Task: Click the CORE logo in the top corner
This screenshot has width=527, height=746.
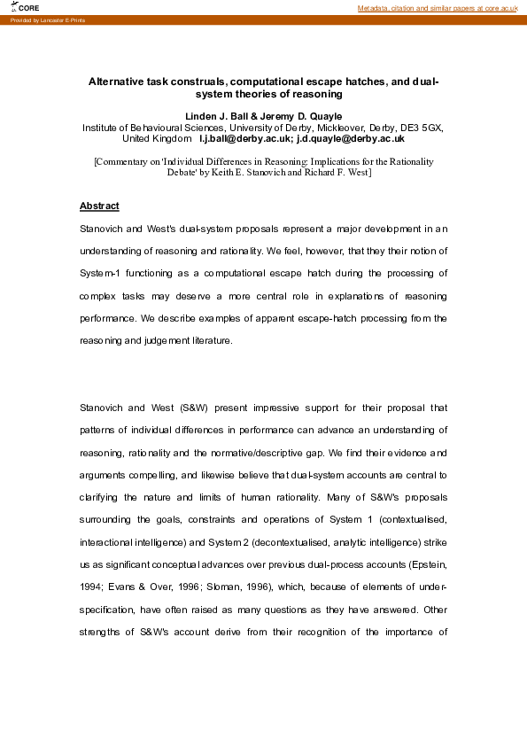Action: point(27,7)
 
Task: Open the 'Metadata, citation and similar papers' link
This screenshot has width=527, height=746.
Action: point(438,8)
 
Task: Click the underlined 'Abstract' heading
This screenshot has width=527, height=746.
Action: point(99,206)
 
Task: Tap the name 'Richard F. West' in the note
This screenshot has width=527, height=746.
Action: point(338,173)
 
